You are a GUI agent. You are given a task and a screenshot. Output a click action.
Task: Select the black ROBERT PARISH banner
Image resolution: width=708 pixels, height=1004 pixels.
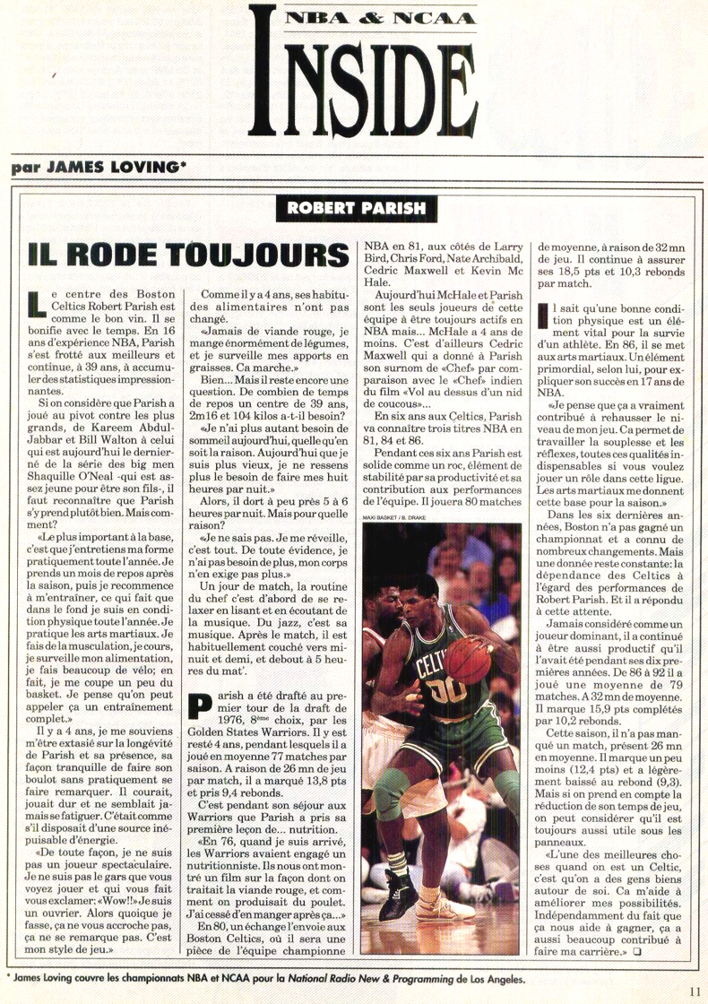pos(358,209)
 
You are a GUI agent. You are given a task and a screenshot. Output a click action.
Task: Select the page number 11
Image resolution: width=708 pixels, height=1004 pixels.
pos(695,991)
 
